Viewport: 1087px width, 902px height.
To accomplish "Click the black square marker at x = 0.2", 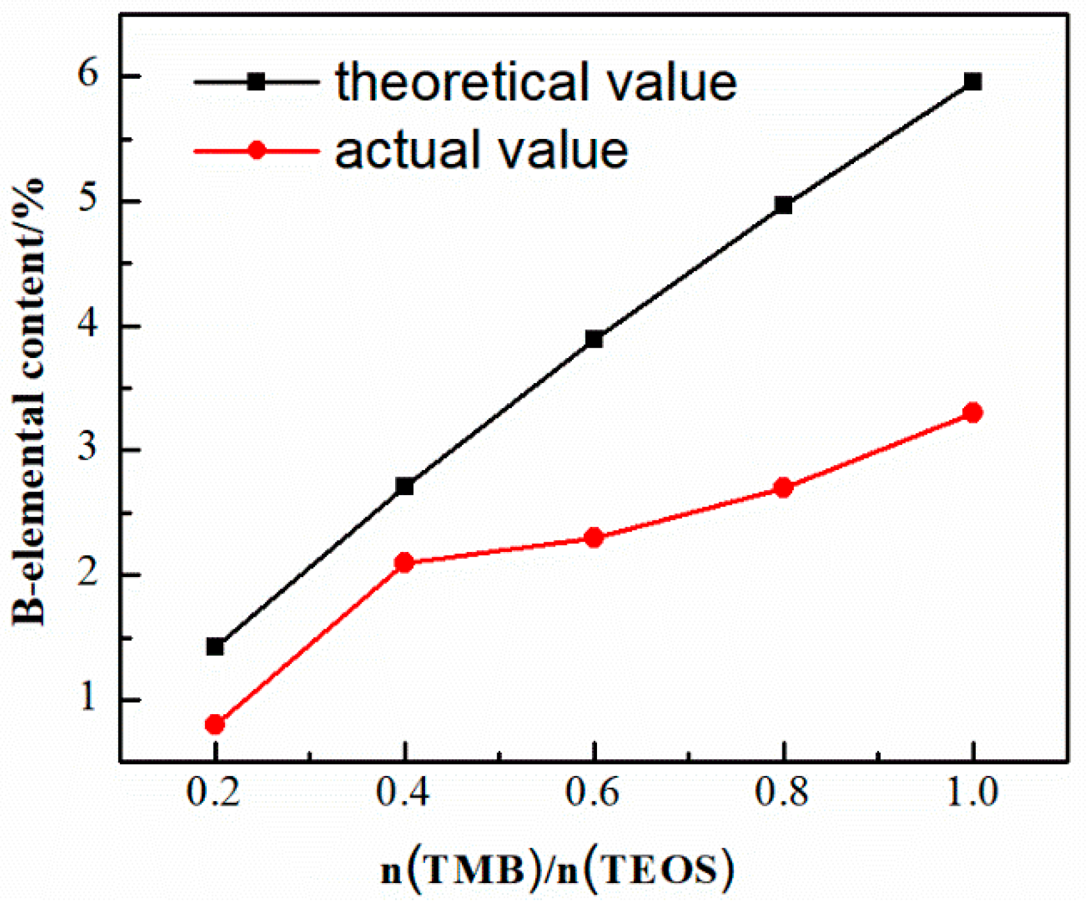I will click(215, 646).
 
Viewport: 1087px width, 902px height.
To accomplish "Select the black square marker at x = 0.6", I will click(594, 338).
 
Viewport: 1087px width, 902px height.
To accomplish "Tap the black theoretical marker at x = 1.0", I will click(973, 81).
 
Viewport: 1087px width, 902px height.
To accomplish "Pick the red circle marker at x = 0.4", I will click(404, 562).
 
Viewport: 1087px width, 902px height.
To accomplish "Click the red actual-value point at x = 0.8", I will click(784, 488).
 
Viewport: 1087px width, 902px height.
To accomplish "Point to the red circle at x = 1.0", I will click(973, 412).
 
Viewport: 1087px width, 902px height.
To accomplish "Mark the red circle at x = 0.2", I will click(215, 725).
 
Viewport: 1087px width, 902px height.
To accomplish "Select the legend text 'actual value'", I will click(481, 151).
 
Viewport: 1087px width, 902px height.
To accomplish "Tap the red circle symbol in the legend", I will click(257, 150).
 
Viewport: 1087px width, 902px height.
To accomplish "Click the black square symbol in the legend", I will click(257, 81).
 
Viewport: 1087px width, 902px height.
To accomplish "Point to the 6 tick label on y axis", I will click(88, 75).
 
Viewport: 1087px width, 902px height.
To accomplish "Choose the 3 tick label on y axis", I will click(88, 449).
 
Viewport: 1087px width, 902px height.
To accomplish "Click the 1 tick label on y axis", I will click(88, 698).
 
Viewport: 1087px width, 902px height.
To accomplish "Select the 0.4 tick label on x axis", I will click(403, 792).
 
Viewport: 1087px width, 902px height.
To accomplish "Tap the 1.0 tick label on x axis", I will click(971, 792).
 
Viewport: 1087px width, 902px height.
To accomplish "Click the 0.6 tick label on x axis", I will click(592, 792).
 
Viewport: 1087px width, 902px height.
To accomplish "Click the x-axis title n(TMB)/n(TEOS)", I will click(557, 870).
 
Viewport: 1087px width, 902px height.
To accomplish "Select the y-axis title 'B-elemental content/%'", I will click(29, 401).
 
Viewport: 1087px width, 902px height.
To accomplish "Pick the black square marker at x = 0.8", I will click(784, 205).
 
